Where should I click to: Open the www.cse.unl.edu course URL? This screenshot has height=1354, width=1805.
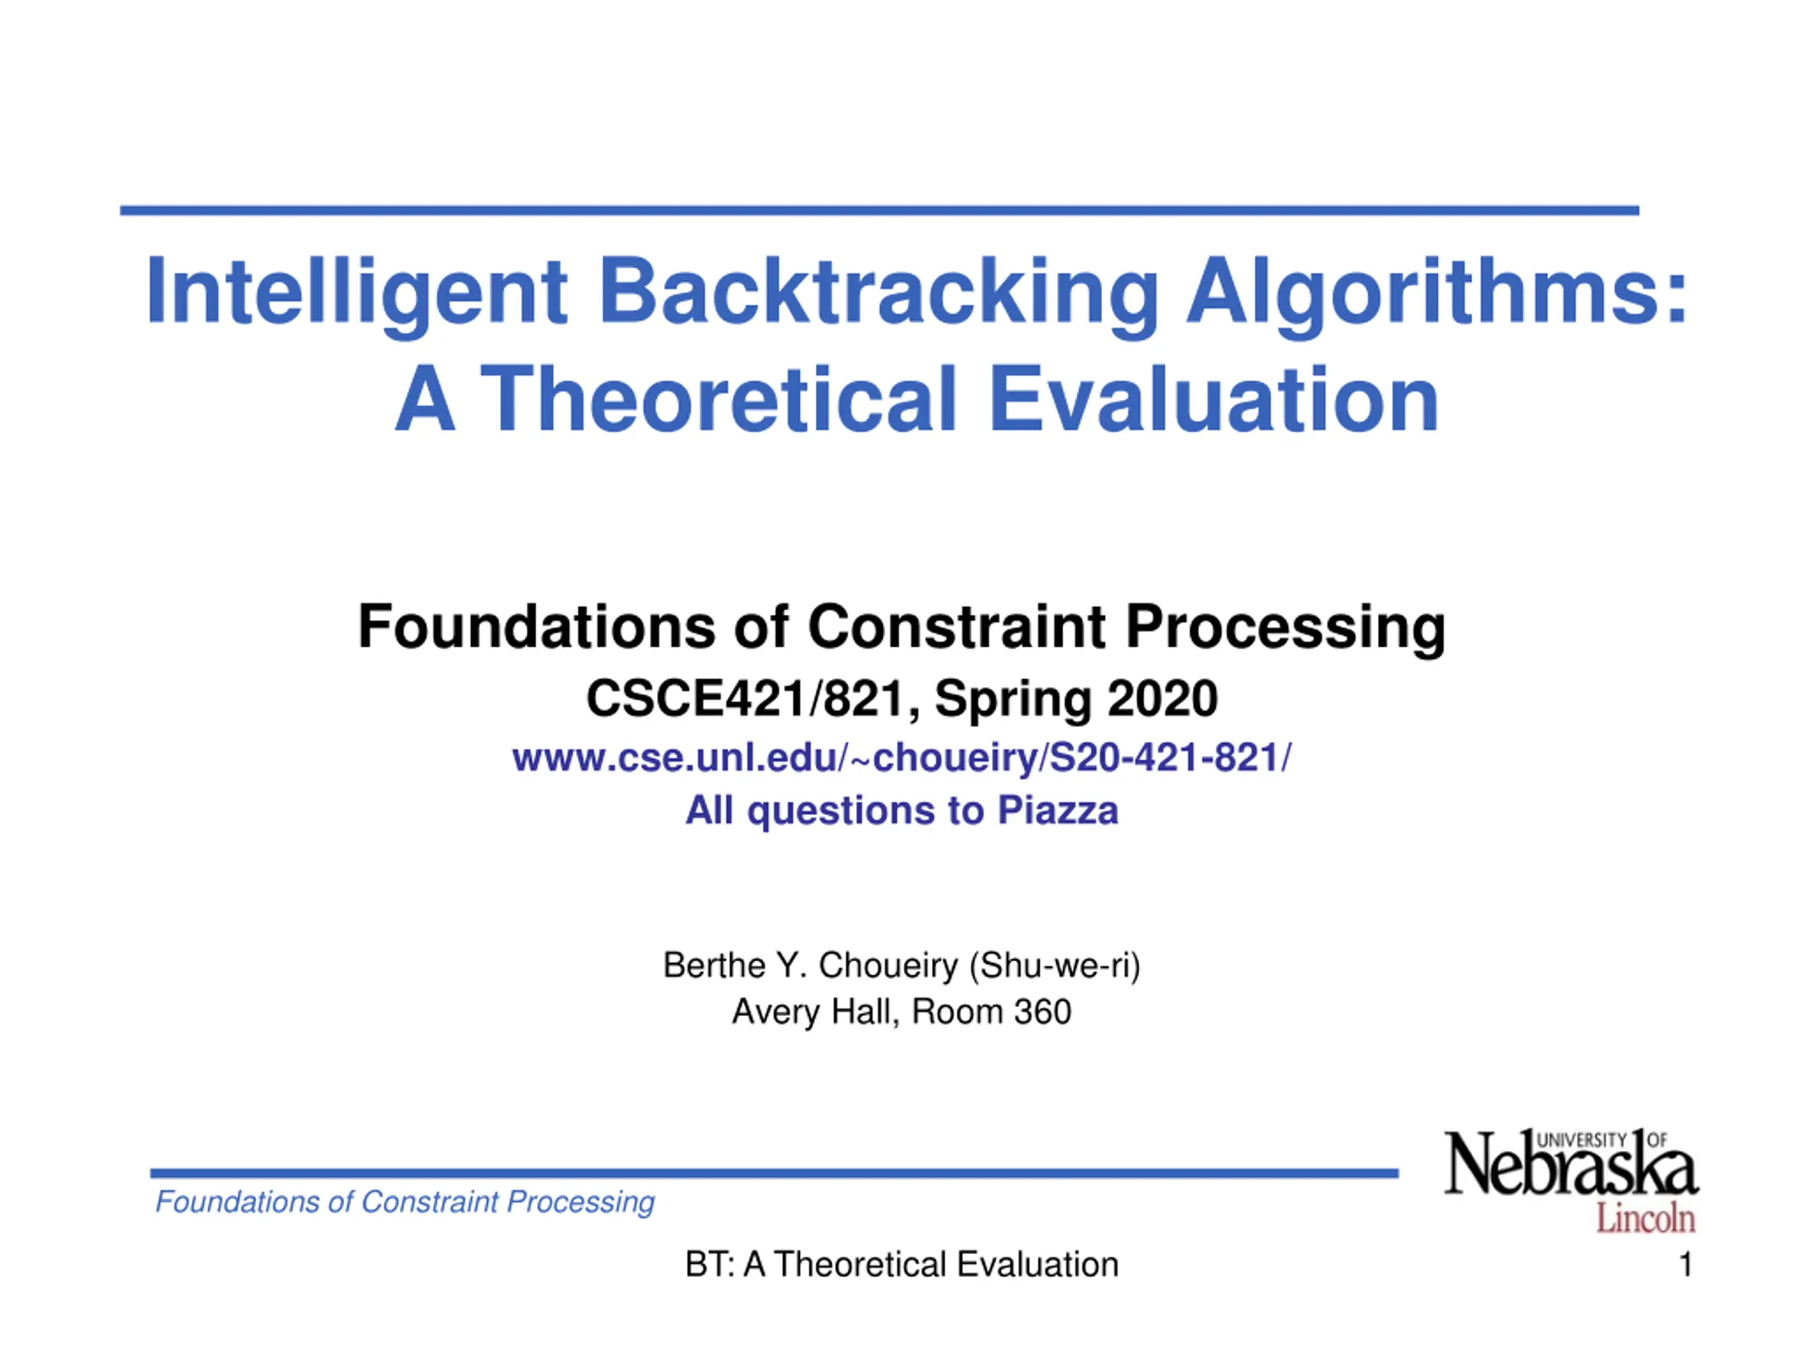[902, 758]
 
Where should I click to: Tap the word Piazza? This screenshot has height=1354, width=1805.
[1058, 810]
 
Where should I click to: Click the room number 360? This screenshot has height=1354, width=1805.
[1043, 1012]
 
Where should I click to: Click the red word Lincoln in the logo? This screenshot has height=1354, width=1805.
[1646, 1219]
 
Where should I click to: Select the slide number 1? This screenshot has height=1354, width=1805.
[1685, 1265]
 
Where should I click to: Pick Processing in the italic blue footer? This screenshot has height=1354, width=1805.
[580, 1203]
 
